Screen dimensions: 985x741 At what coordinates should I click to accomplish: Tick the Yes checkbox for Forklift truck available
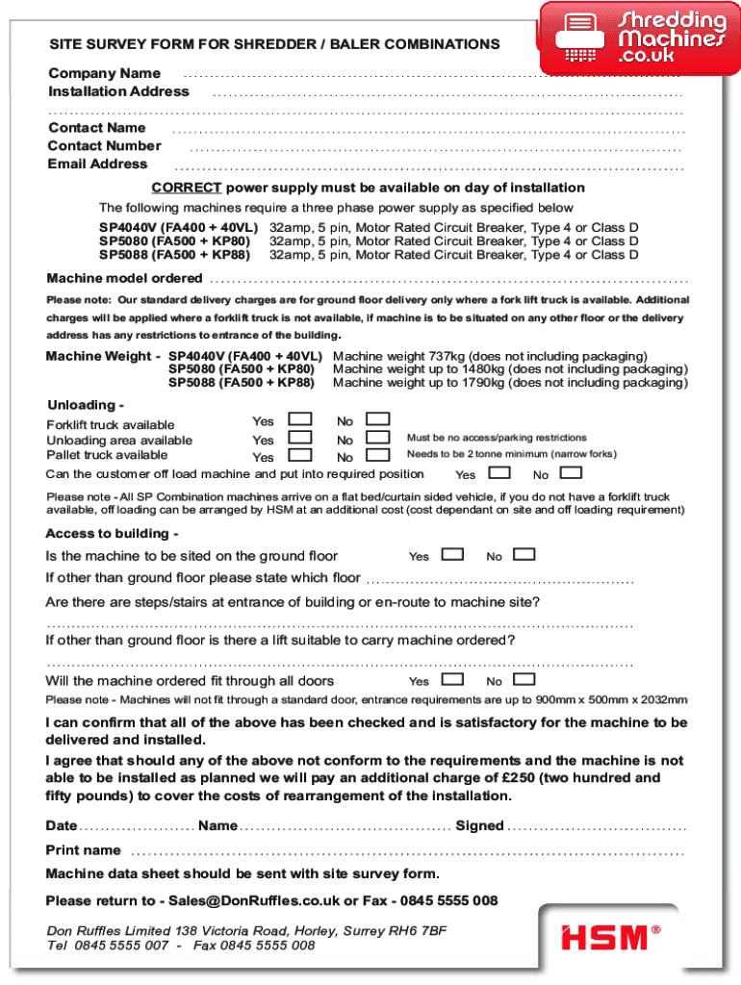[301, 419]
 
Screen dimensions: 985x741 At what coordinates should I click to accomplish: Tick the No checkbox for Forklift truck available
[378, 419]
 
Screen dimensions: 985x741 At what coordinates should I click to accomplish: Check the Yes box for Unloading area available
[301, 438]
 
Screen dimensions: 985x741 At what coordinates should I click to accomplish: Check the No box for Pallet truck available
[378, 455]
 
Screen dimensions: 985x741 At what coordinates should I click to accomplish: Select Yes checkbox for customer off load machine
[499, 472]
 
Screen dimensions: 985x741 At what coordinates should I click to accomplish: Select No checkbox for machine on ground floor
[524, 554]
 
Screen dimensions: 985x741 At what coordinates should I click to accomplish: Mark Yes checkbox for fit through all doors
[452, 679]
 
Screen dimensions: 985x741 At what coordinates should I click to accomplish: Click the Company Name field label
[105, 73]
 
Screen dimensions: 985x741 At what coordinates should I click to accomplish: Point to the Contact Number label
[105, 145]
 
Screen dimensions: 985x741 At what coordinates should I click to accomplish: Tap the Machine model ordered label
[125, 278]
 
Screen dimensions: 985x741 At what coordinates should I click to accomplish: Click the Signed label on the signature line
[479, 825]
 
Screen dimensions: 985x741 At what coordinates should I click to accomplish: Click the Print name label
[84, 850]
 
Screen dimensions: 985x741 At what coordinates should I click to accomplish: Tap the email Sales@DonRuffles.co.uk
[254, 900]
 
